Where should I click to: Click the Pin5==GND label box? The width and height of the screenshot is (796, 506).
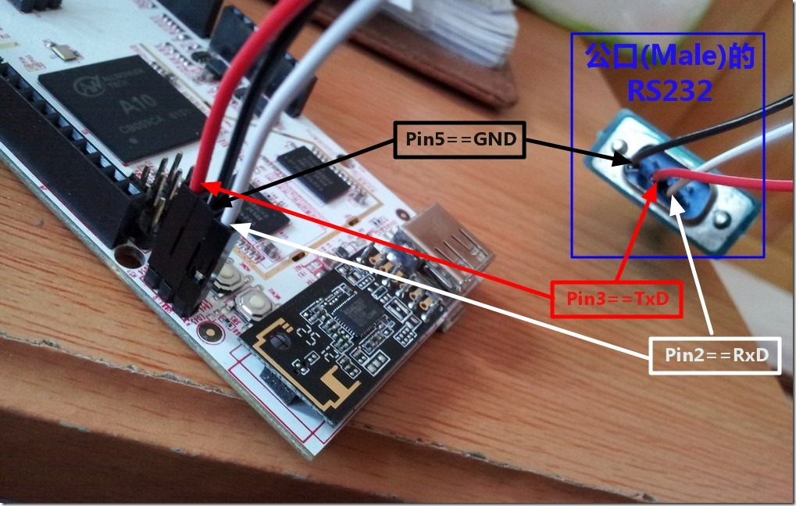[459, 140]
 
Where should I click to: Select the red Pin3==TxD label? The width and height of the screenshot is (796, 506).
[613, 299]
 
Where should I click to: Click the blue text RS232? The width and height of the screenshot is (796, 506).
[669, 92]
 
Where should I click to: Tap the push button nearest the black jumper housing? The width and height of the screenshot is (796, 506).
[230, 275]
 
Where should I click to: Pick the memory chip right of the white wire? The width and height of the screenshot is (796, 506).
[316, 171]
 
